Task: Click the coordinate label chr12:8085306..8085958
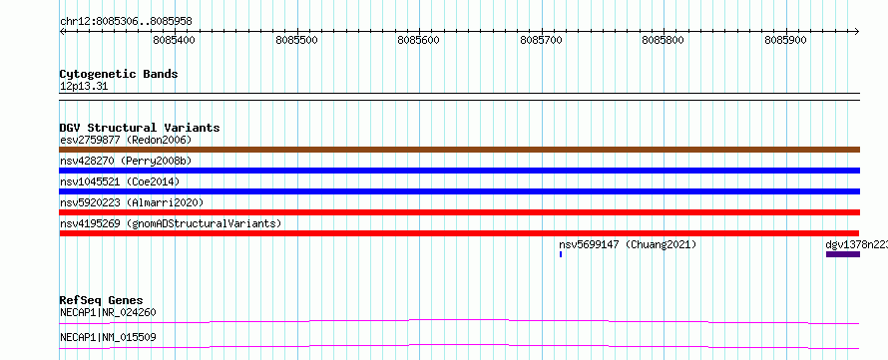(126, 22)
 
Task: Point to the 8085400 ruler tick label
(174, 40)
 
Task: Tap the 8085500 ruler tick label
(296, 40)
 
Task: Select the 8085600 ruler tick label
(418, 40)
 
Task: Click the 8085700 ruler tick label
(541, 40)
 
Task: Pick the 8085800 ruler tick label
(664, 40)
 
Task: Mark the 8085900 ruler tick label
(785, 40)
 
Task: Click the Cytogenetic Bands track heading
(119, 74)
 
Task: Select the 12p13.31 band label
(84, 87)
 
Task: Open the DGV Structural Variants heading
(140, 128)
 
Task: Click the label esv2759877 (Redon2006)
(126, 140)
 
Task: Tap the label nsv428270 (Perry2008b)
(126, 161)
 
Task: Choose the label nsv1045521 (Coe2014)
(120, 181)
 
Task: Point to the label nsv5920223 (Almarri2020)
(132, 202)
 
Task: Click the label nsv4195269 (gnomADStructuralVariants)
(171, 223)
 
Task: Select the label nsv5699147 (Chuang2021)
(628, 244)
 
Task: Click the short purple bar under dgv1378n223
(843, 254)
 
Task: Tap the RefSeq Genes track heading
(102, 300)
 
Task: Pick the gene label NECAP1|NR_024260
(108, 312)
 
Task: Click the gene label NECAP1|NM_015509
(108, 337)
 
